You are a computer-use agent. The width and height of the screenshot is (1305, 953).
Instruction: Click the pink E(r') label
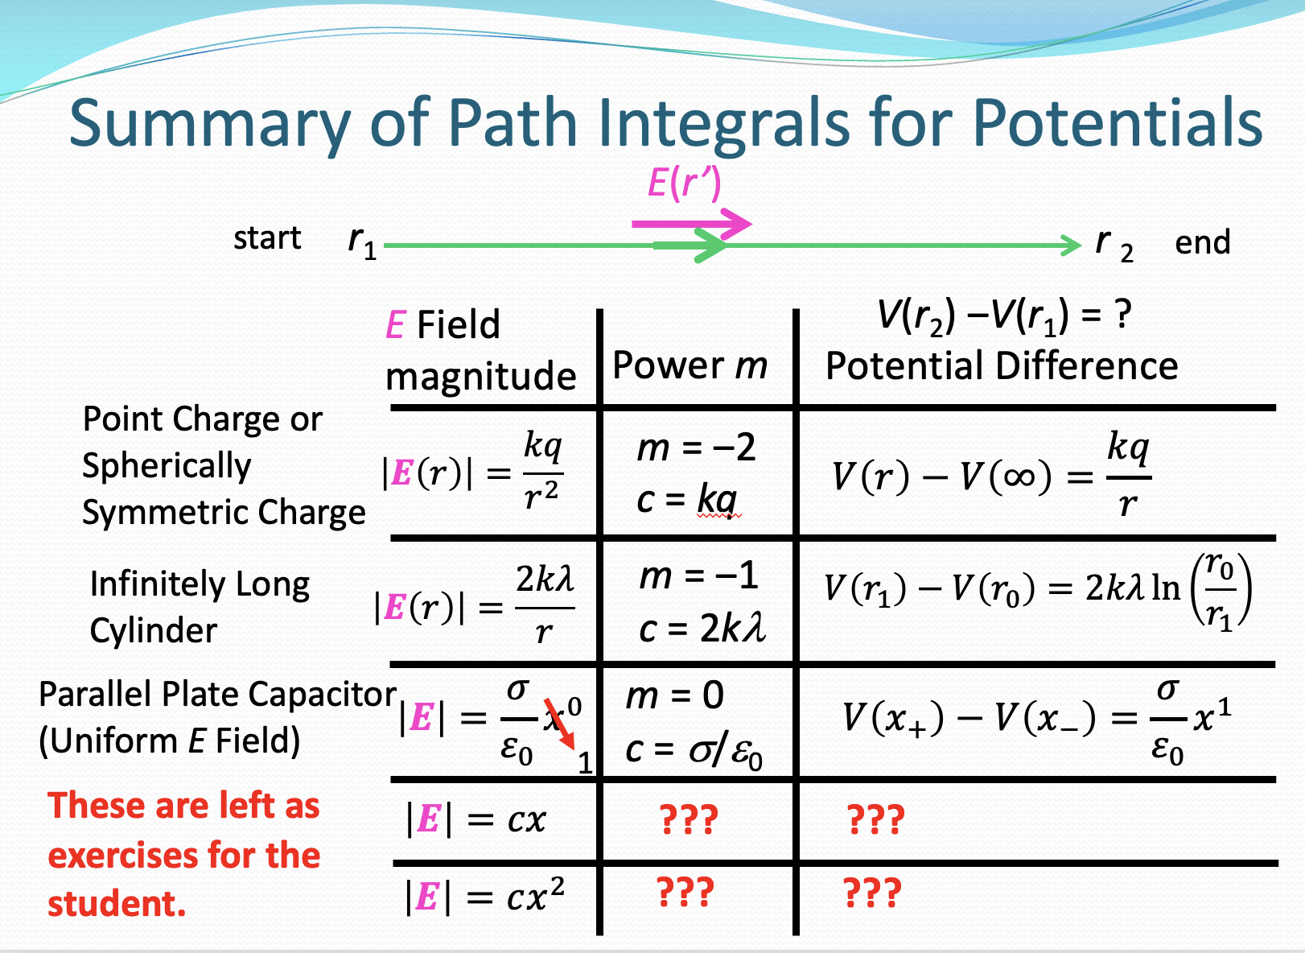click(684, 184)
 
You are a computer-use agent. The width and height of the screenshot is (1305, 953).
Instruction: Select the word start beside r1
click(267, 238)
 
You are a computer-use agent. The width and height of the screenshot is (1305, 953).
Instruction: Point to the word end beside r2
click(1202, 241)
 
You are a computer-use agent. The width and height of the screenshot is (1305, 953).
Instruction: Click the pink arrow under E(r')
click(692, 224)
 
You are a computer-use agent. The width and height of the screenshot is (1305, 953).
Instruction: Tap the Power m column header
click(690, 365)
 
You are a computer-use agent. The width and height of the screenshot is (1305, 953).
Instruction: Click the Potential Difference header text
click(1002, 365)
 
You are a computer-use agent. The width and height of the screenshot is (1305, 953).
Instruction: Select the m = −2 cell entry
click(696, 448)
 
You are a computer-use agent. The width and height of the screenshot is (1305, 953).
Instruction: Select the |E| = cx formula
click(476, 820)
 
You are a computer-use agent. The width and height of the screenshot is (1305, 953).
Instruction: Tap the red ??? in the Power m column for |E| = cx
click(688, 820)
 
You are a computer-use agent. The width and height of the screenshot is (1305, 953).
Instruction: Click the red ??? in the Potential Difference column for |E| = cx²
click(872, 893)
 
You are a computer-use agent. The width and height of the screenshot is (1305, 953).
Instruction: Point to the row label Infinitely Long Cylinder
click(200, 606)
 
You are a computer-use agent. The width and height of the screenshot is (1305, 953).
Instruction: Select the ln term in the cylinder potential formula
click(1166, 588)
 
